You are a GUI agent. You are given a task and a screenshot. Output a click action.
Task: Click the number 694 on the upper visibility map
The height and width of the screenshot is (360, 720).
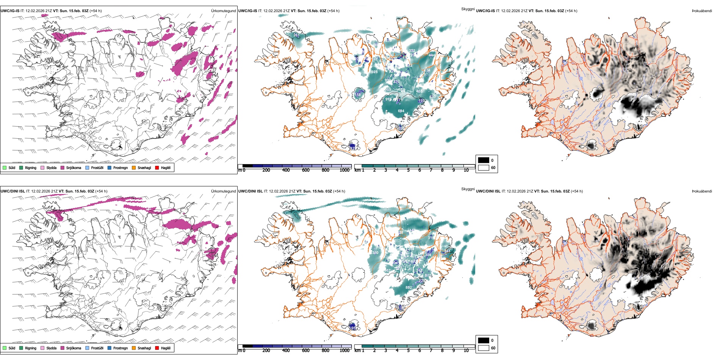[x=401, y=111]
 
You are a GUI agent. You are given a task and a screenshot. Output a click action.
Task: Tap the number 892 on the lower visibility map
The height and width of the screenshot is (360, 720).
[x=409, y=288]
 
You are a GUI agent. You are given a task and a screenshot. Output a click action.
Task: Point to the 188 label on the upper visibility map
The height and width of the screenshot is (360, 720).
[x=358, y=95]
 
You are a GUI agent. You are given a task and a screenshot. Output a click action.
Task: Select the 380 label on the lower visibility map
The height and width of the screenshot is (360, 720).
[x=375, y=252]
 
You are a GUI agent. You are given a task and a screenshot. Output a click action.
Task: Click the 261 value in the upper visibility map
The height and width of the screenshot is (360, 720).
[x=296, y=35]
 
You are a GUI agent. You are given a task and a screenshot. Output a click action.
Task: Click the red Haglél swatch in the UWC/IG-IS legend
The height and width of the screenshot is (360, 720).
[x=157, y=167]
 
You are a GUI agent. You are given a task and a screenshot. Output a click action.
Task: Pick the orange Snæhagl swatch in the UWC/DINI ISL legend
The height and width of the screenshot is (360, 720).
[x=134, y=348]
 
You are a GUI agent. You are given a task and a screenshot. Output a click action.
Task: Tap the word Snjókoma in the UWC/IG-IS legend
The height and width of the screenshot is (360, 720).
[x=74, y=167]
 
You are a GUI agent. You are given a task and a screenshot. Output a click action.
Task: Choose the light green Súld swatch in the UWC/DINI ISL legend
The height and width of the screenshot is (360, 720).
[x=5, y=348]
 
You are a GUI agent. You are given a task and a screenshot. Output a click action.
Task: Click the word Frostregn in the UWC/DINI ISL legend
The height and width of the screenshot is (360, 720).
[x=121, y=348]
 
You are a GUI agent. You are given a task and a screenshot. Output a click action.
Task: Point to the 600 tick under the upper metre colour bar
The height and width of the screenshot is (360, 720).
[x=306, y=170]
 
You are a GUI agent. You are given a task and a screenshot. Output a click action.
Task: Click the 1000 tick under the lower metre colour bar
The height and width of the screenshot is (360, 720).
[x=344, y=351]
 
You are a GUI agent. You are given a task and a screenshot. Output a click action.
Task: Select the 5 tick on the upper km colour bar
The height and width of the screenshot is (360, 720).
[x=408, y=170]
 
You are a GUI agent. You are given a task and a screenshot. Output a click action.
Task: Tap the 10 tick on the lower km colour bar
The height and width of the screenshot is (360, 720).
[x=466, y=351]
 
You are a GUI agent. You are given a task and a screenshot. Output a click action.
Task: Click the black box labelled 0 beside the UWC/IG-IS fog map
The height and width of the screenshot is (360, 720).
[x=484, y=160]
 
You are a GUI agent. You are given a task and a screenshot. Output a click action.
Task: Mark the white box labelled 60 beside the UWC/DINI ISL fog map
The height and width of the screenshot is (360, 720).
[x=484, y=348]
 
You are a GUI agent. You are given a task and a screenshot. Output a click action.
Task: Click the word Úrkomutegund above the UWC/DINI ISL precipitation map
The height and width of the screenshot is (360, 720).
[x=223, y=191]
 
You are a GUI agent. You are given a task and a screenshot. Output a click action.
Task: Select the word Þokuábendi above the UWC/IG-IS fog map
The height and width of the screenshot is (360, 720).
[x=702, y=11]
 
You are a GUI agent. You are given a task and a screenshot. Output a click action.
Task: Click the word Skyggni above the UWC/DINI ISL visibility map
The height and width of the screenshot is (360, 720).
[x=468, y=189]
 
